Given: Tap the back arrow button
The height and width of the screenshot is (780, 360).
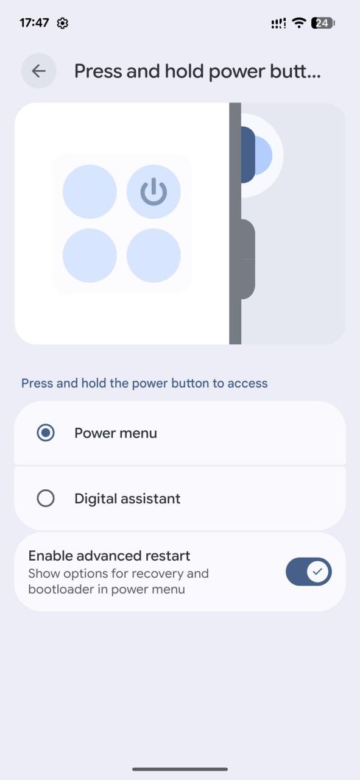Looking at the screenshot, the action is point(38,71).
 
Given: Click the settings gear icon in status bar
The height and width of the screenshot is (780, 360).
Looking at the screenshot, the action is point(62,23).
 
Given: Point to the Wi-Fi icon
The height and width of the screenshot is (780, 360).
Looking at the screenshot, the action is point(298,23).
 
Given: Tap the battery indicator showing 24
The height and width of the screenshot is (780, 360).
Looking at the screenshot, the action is point(323,23).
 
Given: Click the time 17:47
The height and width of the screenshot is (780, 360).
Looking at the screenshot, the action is point(34,23).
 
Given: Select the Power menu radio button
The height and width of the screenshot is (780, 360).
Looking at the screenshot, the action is point(46,433).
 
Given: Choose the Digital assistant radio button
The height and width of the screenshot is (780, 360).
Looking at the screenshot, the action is point(46,498).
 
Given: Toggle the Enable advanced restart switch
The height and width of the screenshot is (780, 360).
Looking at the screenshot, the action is point(308,572).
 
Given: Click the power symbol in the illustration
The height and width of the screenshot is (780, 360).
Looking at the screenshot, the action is point(154,191).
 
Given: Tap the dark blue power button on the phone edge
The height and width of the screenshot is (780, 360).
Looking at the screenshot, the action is point(248,155).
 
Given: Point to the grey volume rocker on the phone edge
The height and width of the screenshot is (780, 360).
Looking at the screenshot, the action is point(248,259).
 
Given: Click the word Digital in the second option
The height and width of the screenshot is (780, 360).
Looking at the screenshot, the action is point(94,498).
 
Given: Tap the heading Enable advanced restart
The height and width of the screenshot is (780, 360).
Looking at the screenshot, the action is point(109,556).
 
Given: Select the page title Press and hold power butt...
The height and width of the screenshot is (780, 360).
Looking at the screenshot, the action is point(197,71).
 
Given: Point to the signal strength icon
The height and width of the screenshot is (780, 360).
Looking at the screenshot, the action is point(278,23).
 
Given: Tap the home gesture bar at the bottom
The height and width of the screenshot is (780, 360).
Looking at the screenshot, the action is point(180,769).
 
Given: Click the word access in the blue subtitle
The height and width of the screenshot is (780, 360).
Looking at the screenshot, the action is point(247,383).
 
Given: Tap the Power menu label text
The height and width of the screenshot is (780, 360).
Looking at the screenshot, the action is point(116,433).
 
